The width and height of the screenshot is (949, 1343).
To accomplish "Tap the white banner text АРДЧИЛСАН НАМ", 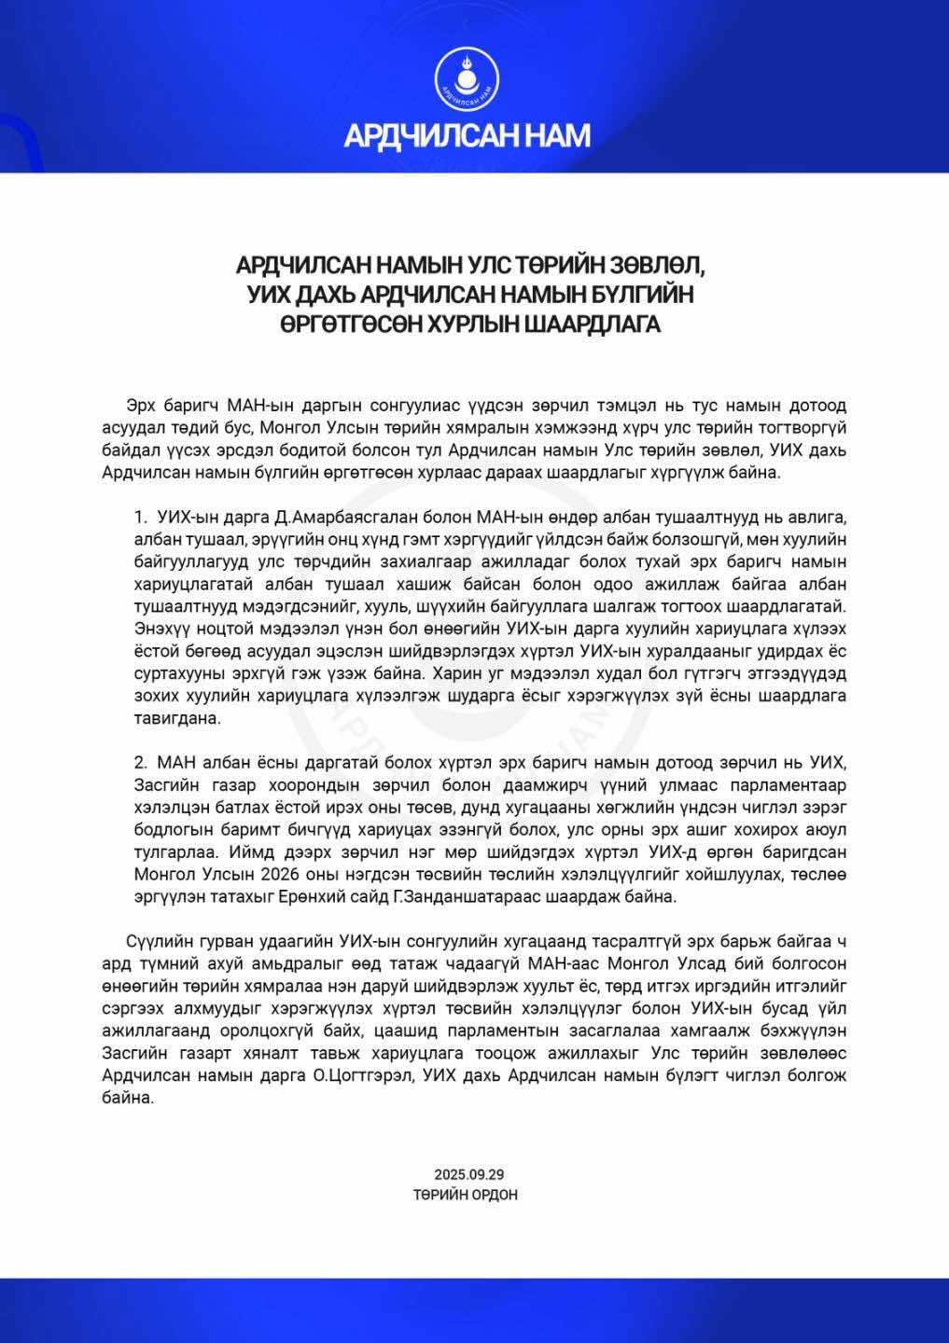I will coord(467,136).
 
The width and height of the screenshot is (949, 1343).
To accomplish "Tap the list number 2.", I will coord(141,762).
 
